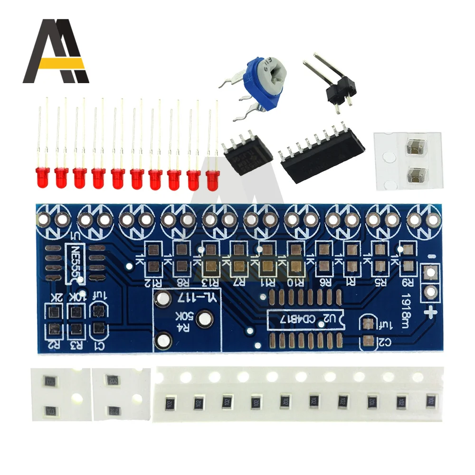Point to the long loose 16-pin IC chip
point(321,152)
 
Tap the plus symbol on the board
point(432,313)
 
